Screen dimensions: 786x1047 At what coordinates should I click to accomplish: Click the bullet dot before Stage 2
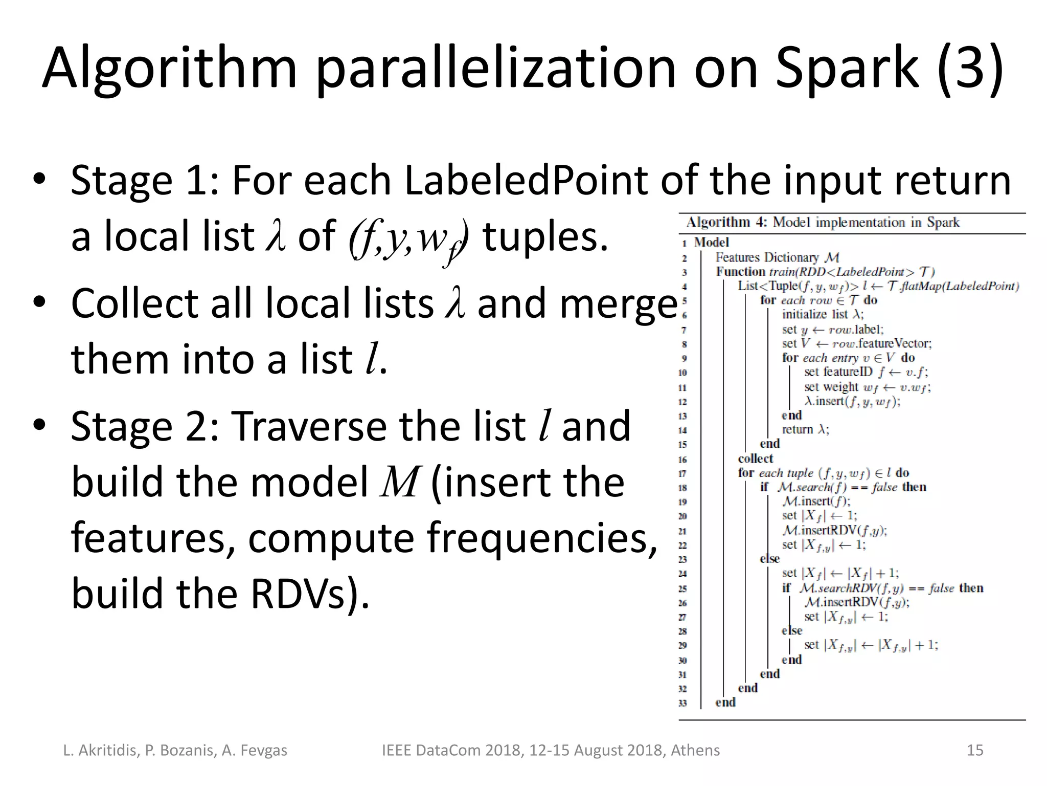[39, 426]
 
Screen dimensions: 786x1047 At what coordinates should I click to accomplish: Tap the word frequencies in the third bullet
[542, 538]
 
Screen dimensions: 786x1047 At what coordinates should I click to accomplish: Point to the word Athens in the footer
[695, 750]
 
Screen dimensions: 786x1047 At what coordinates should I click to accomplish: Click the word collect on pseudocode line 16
[755, 458]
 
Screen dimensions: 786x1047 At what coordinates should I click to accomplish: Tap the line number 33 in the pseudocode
[682, 703]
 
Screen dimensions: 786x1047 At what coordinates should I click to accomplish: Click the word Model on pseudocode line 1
[711, 243]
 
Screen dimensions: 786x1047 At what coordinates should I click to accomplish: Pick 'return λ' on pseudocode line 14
[805, 430]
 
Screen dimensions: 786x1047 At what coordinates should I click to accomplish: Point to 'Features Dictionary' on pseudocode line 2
[767, 257]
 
